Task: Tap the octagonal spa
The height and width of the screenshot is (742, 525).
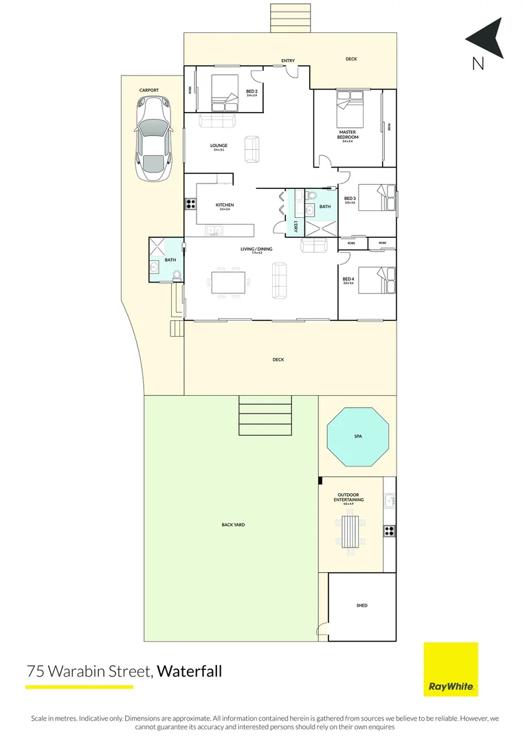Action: pyautogui.click(x=357, y=436)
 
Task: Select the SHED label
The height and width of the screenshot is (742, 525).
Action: pyautogui.click(x=361, y=605)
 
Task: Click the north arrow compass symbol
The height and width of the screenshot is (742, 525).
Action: pyautogui.click(x=486, y=40)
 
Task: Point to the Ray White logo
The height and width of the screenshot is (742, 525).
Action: pyautogui.click(x=450, y=669)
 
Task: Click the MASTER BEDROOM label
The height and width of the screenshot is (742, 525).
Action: pyautogui.click(x=348, y=135)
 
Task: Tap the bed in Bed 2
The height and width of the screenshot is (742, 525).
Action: pyautogui.click(x=224, y=93)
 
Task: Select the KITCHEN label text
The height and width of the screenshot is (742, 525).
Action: pyautogui.click(x=225, y=205)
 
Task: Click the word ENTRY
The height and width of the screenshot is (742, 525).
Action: pyautogui.click(x=288, y=61)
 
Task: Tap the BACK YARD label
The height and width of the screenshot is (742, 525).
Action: pyautogui.click(x=233, y=524)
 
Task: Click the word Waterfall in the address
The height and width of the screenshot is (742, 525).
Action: pyautogui.click(x=190, y=671)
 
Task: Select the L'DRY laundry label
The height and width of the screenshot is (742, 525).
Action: pyautogui.click(x=295, y=226)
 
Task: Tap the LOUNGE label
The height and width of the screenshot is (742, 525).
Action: pyautogui.click(x=219, y=146)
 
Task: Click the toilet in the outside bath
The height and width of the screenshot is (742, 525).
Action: pyautogui.click(x=177, y=276)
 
